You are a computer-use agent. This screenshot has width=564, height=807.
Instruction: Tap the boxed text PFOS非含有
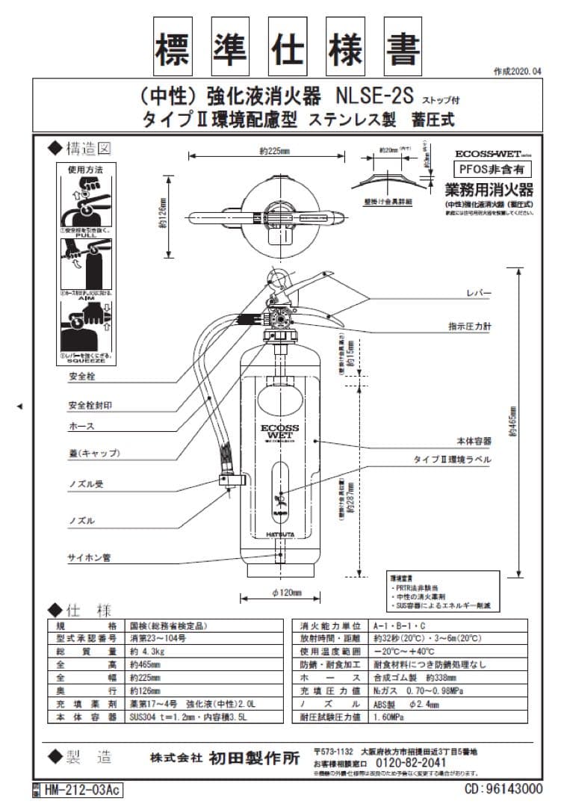click(x=490, y=170)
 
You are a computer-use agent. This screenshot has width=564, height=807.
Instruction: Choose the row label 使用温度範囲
click(x=330, y=651)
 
